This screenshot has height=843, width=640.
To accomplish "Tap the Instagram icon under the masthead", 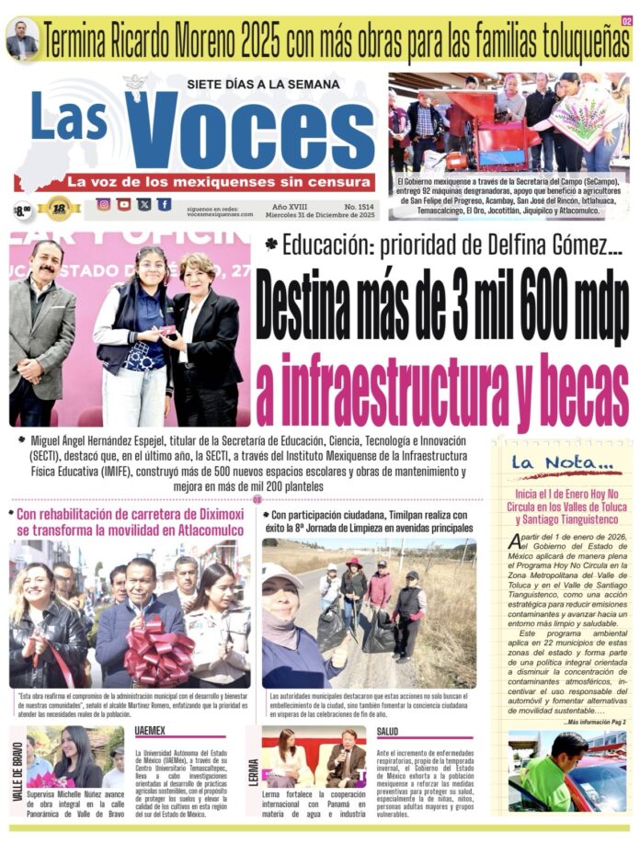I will coord(103,205).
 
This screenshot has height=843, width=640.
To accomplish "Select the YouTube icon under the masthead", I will coord(123,205).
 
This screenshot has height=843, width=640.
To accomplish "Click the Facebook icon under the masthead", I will coord(164,205).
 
